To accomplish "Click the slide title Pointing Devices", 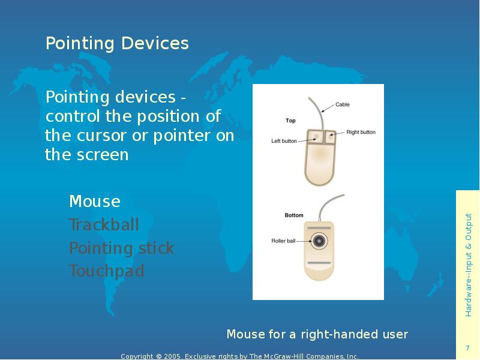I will pyautogui.click(x=117, y=43).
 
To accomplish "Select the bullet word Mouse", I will pyautogui.click(x=95, y=201).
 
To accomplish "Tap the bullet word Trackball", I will pyautogui.click(x=104, y=225).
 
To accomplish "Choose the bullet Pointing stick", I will pyautogui.click(x=121, y=248).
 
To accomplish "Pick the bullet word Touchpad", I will pyautogui.click(x=107, y=271).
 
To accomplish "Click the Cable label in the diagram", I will pyautogui.click(x=342, y=104).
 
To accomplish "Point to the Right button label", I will pyautogui.click(x=361, y=132).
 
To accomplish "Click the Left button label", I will pyautogui.click(x=284, y=142).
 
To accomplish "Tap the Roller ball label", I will pyautogui.click(x=283, y=241).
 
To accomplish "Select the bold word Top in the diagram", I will pyautogui.click(x=290, y=121).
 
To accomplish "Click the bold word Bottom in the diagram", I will pyautogui.click(x=294, y=215).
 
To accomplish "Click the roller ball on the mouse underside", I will pyautogui.click(x=319, y=241).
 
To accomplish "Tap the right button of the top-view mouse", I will pyautogui.click(x=329, y=136).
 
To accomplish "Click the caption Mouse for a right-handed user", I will pyautogui.click(x=317, y=334).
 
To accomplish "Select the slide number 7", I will pyautogui.click(x=467, y=349).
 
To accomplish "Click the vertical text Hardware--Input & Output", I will pyautogui.click(x=469, y=265).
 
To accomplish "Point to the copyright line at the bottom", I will pyautogui.click(x=239, y=356).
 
